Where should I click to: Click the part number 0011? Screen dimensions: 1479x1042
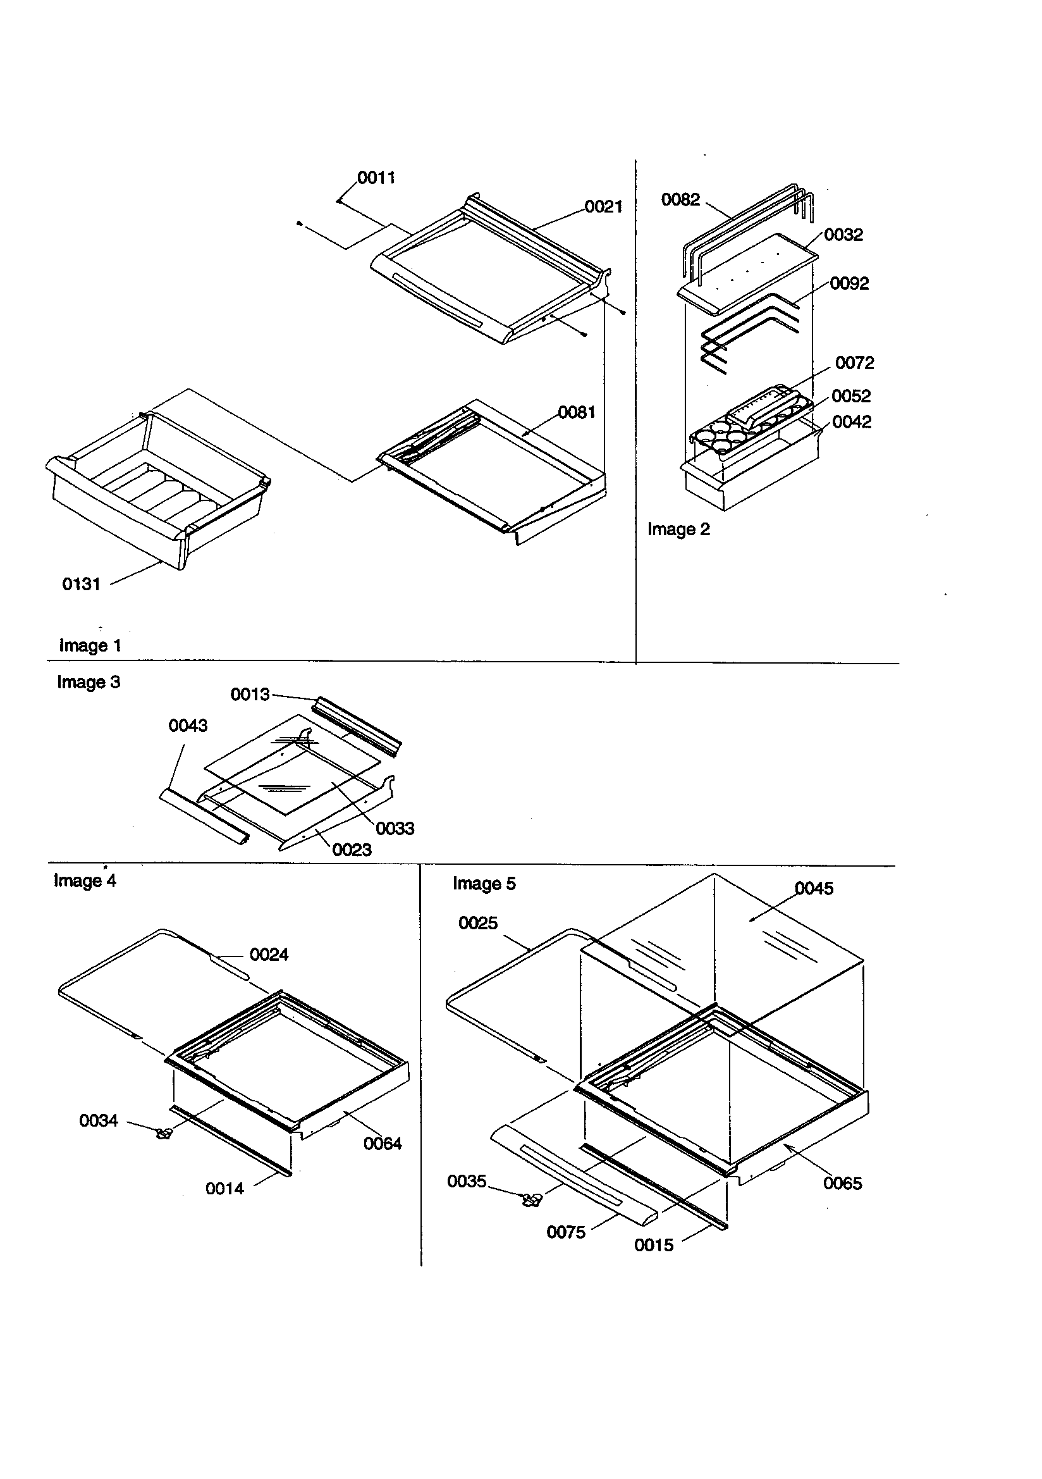coord(376,178)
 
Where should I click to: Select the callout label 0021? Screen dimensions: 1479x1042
coord(603,207)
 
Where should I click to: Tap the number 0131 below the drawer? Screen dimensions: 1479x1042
coord(81,585)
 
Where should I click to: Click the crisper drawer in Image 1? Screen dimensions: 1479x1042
coord(158,490)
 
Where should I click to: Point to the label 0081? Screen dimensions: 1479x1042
coord(577,412)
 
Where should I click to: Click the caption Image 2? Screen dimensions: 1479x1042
coord(678,529)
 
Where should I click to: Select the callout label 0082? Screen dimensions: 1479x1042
coord(681,200)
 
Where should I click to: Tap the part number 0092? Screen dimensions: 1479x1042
coord(849,283)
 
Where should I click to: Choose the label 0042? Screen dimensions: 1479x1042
coord(852,422)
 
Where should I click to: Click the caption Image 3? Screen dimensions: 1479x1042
coord(89,682)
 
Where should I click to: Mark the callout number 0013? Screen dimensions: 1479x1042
coord(250,695)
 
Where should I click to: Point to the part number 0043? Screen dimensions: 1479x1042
coord(188,726)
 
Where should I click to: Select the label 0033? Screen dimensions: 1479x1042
coord(395,829)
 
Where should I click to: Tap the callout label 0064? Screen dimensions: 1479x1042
coord(383,1143)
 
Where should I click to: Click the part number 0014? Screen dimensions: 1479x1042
coord(224,1189)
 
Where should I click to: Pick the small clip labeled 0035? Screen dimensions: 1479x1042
coord(531,1199)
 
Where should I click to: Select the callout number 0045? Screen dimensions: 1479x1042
coord(814,889)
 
